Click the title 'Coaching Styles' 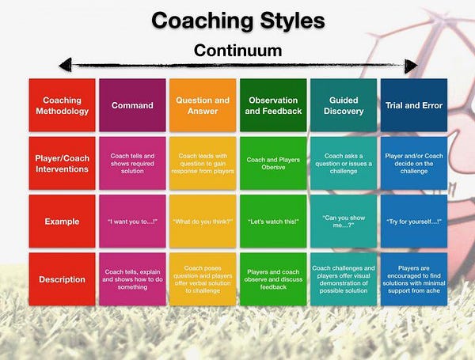tap(238, 20)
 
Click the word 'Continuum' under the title tap(238, 50)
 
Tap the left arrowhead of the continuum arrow tap(66, 65)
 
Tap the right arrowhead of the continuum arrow tap(410, 65)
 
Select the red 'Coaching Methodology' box tap(62, 105)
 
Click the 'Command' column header tap(132, 105)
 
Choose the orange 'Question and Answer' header tap(203, 105)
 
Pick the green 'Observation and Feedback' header tap(272, 105)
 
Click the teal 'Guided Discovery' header tap(343, 105)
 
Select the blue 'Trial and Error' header tap(412, 105)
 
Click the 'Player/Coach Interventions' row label tap(62, 163)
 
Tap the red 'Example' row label tap(62, 221)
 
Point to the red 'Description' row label tap(62, 279)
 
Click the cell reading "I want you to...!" tap(132, 221)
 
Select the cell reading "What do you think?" tap(203, 221)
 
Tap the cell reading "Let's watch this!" tap(272, 221)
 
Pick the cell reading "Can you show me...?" tap(343, 221)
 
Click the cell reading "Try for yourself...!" tap(412, 221)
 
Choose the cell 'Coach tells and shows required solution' tap(132, 163)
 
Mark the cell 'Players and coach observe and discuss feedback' tap(272, 279)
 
